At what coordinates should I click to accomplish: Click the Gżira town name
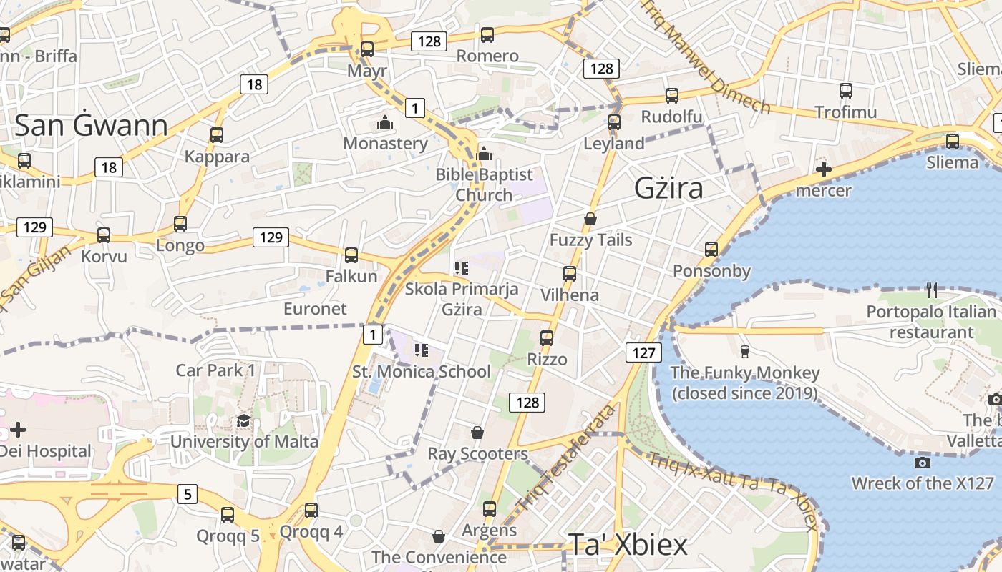(x=668, y=188)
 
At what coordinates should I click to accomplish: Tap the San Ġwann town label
(x=91, y=125)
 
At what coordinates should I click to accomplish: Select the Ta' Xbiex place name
(x=628, y=544)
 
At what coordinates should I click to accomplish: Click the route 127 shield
(x=643, y=352)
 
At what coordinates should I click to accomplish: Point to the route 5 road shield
(x=188, y=493)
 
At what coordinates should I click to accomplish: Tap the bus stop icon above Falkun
(x=351, y=255)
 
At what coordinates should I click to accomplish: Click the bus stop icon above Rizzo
(x=547, y=338)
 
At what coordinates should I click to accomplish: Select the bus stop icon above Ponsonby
(x=711, y=250)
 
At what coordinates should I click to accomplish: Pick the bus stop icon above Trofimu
(x=845, y=91)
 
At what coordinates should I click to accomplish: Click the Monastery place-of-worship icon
(x=385, y=123)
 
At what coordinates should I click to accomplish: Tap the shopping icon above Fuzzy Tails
(x=590, y=219)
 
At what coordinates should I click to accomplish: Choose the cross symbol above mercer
(x=824, y=170)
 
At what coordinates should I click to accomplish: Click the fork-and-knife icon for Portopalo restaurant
(x=931, y=290)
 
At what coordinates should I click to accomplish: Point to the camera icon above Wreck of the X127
(x=923, y=463)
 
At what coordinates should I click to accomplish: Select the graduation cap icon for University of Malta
(x=243, y=420)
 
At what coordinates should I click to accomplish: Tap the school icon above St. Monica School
(x=422, y=350)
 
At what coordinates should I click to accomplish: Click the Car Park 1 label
(x=215, y=370)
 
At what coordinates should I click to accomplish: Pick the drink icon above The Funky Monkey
(x=744, y=351)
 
